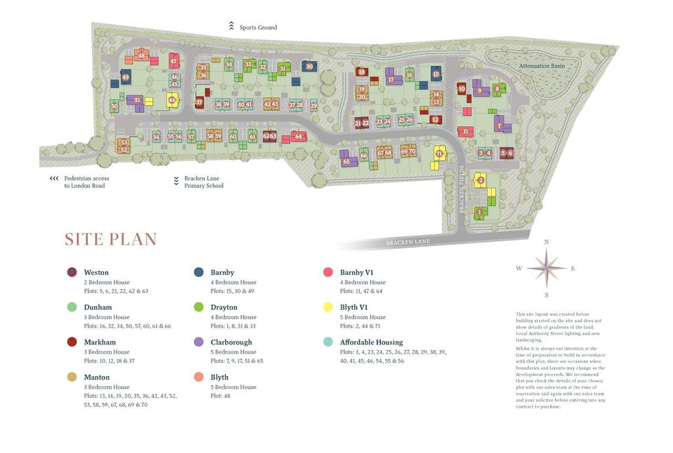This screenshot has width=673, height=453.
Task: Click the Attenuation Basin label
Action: (x=542, y=66)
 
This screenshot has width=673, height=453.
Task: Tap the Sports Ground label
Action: (x=258, y=28)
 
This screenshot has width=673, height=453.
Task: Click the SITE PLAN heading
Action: (x=110, y=240)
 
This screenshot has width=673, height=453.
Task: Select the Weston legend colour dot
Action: (x=72, y=272)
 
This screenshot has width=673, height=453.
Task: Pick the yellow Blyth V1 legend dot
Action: (x=328, y=307)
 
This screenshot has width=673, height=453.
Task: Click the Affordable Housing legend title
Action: (x=371, y=342)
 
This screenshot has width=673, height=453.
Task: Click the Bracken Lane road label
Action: (x=407, y=242)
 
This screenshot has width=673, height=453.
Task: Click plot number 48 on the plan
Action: (x=141, y=56)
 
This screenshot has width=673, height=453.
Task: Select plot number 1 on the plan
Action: (x=480, y=211)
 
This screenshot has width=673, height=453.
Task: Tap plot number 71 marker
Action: (x=439, y=154)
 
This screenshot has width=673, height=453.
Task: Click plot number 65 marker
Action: (x=346, y=162)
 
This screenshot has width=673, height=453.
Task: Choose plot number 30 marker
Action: (x=310, y=66)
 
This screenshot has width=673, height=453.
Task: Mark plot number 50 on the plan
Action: (x=114, y=106)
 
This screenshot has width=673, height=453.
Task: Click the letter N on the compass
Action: (x=546, y=242)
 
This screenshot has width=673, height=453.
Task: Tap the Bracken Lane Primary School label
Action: (x=204, y=182)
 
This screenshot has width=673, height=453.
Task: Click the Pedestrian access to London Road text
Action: (x=86, y=182)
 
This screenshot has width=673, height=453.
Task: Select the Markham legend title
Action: (x=100, y=342)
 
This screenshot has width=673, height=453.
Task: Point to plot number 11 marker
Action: (x=465, y=131)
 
